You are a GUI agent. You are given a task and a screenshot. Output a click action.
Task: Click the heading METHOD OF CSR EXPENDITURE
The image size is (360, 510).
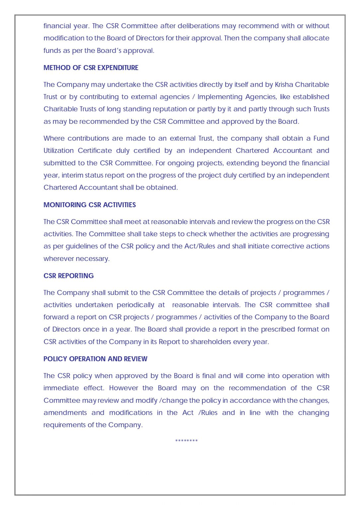91,68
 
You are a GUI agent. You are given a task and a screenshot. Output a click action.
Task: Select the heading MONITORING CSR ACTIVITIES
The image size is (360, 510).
90,205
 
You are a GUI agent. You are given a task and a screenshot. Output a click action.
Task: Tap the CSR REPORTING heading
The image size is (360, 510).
68,276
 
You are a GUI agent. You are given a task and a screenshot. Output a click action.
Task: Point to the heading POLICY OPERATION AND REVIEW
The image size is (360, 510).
95,359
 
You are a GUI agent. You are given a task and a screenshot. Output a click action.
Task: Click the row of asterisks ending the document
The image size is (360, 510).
186,441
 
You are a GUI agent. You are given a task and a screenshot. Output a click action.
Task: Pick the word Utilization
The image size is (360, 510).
58,151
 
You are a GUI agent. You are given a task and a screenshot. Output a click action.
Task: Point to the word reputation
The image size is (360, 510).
155,109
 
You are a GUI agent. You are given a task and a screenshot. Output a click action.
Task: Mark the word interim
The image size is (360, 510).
72,175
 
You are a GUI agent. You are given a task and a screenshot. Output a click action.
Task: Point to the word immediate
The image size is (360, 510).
61,388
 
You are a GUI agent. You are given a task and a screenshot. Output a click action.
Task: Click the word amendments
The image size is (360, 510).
65,413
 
